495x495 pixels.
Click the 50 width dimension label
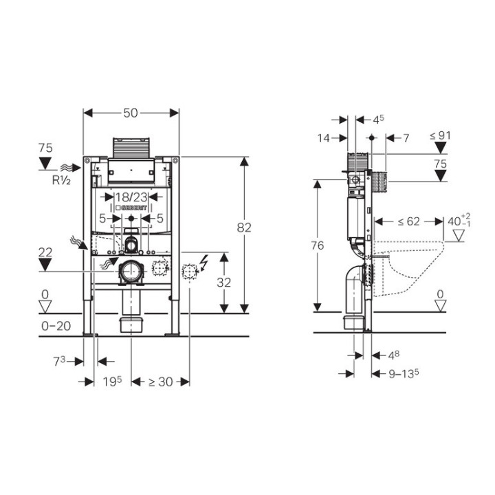(x=131, y=113)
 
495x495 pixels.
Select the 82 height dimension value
(x=244, y=228)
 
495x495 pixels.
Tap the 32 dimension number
(x=224, y=283)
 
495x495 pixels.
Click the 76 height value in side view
(x=318, y=245)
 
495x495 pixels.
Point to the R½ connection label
(x=61, y=180)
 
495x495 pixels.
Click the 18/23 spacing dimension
(x=131, y=197)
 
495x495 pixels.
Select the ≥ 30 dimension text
(x=160, y=382)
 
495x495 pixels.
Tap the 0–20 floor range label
(x=56, y=326)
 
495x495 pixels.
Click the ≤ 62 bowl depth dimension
(x=409, y=221)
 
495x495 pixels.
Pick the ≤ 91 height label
(x=440, y=135)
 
